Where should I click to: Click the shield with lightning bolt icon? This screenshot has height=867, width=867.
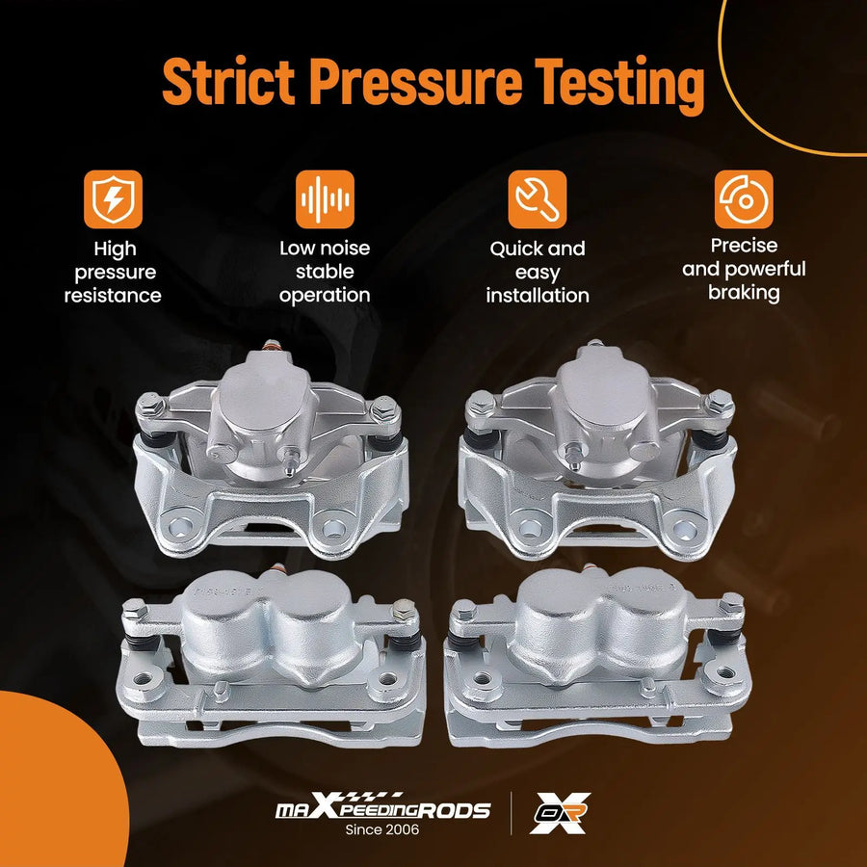click(113, 199)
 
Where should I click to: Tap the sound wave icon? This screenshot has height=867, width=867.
click(325, 199)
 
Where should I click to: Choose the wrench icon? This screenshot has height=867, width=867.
click(538, 199)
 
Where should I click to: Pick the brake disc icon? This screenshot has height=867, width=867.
click(744, 199)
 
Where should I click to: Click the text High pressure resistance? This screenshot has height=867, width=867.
click(114, 272)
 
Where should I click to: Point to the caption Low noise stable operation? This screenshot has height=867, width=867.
click(325, 272)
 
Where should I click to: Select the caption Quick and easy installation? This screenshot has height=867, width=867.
click(538, 272)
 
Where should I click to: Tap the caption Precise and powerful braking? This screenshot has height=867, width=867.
click(744, 269)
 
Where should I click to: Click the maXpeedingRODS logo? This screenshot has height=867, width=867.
click(382, 808)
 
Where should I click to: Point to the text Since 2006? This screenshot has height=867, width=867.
click(382, 830)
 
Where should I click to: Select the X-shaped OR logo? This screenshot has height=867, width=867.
click(560, 813)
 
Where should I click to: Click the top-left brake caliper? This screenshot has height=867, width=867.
click(271, 449)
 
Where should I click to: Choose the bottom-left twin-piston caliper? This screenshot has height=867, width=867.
click(271, 656)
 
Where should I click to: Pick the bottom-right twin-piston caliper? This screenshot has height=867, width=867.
click(597, 656)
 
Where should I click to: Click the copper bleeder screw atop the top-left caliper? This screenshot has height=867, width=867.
click(271, 346)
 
